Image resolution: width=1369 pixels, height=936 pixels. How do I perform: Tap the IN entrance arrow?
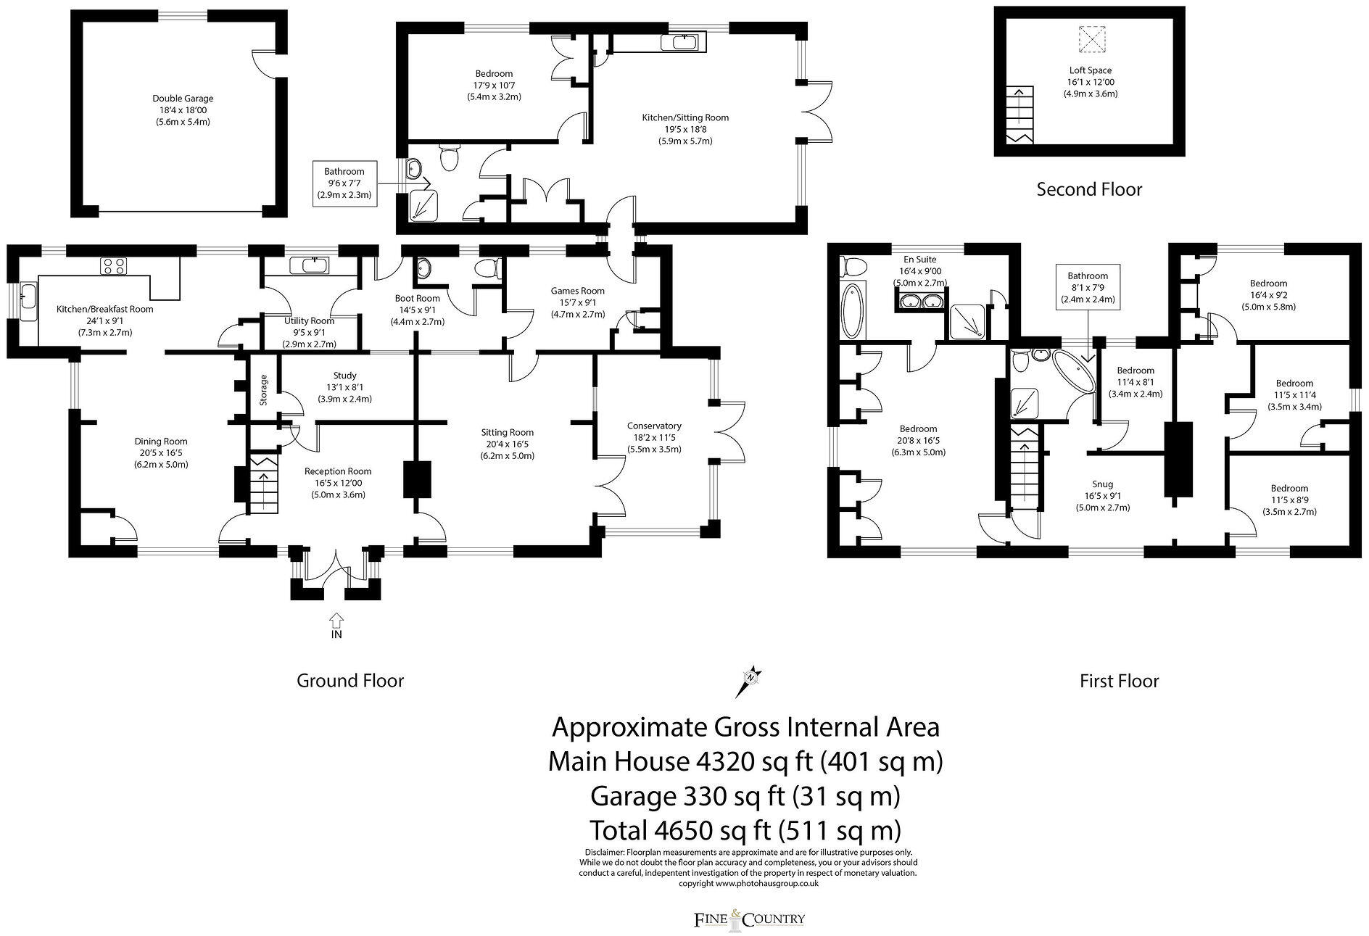[x=336, y=621]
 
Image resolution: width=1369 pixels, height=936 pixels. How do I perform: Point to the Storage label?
[x=264, y=389]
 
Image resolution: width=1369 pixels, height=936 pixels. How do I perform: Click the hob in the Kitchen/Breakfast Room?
[x=113, y=266]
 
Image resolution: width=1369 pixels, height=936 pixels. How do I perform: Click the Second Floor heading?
[x=1089, y=190]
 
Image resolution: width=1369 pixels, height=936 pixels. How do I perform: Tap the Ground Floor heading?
[x=350, y=681]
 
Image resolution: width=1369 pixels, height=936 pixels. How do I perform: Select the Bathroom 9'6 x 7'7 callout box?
[x=344, y=183]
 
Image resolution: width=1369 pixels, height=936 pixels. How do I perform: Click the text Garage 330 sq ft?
[x=745, y=797]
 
